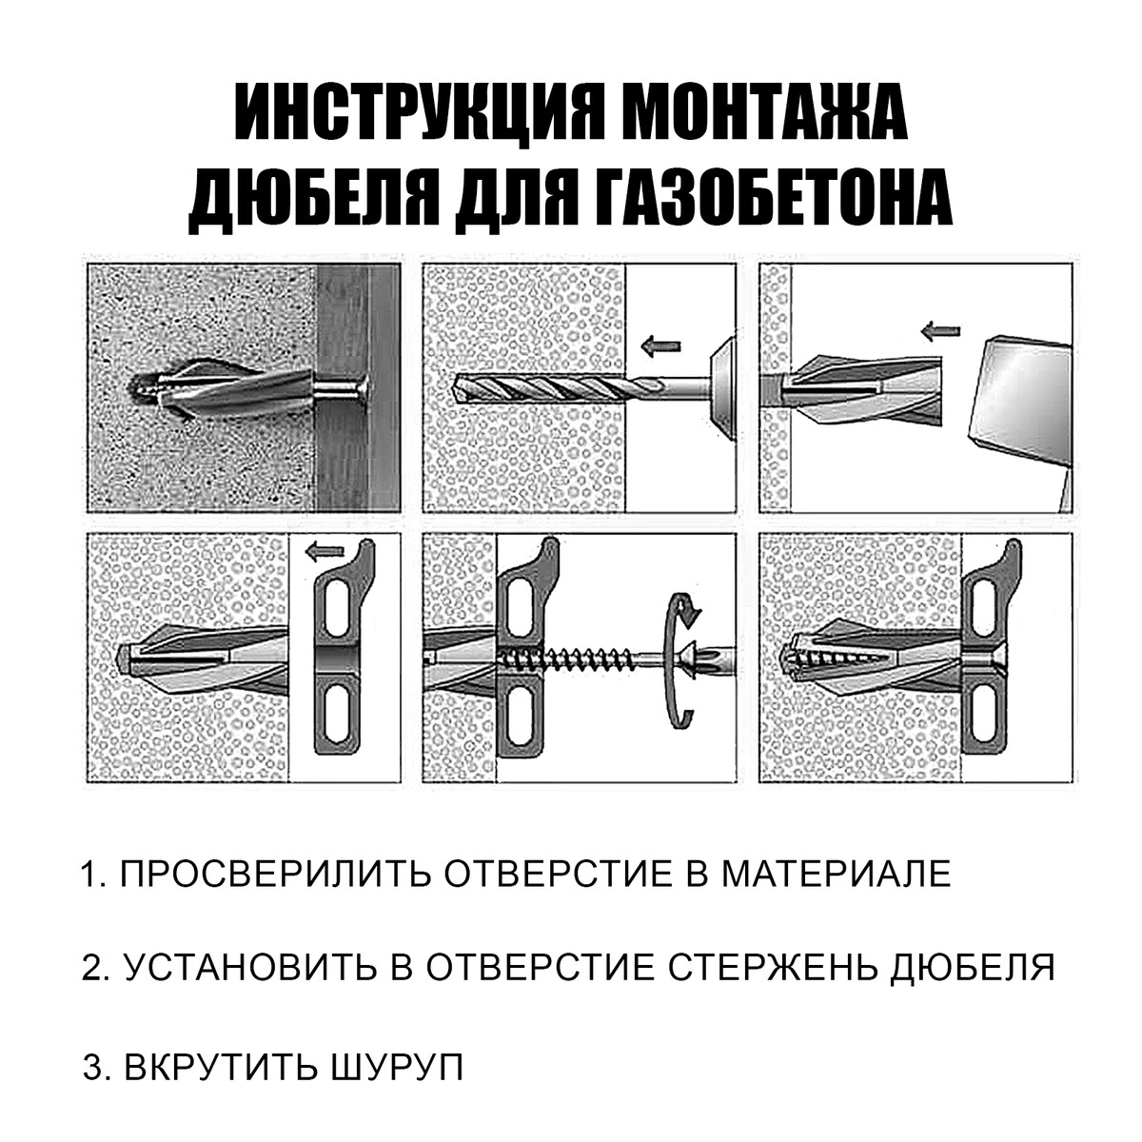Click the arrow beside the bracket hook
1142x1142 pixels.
coord(325,552)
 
